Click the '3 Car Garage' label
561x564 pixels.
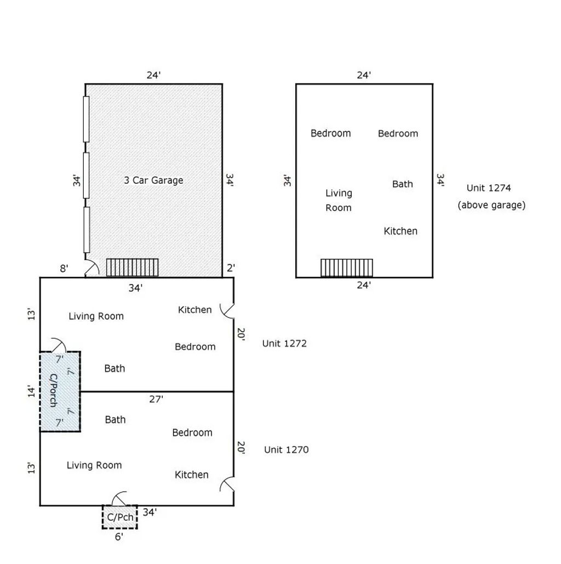153,180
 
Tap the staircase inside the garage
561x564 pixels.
132,268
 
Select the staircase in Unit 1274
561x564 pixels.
347,268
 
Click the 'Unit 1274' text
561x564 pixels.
489,188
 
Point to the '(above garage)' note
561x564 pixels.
491,205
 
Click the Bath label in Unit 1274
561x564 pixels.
402,184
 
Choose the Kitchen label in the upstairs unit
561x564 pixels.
400,231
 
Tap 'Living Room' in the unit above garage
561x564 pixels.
339,200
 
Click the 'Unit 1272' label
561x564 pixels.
284,343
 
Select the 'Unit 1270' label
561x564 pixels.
286,450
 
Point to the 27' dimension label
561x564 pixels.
156,399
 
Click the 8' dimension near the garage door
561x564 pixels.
64,268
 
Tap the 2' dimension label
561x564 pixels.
231,268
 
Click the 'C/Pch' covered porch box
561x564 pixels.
120,517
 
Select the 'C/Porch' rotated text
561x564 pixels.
53,390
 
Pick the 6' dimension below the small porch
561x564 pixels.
119,537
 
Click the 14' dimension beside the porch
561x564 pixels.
32,391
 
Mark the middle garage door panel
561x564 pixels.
86,176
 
